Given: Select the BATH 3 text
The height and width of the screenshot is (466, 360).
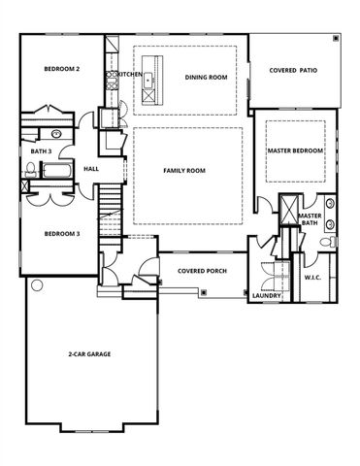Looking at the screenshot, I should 41,152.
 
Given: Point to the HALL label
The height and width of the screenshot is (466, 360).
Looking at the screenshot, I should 91,169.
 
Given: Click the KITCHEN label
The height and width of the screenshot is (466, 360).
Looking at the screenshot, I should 130,74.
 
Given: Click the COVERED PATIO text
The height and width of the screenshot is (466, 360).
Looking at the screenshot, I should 295,70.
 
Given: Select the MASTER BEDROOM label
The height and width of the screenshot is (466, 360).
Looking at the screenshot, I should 296,151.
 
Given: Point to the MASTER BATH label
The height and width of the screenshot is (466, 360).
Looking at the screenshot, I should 310,220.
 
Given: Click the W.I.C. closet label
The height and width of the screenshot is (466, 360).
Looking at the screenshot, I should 312,277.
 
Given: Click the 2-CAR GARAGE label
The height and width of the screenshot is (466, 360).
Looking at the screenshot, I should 88,354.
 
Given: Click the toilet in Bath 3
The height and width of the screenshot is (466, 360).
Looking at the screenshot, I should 30,171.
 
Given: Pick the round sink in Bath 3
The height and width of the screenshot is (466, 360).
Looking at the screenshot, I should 56,131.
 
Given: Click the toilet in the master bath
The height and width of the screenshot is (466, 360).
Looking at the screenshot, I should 332,240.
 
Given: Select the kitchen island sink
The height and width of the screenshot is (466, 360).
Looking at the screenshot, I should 147,94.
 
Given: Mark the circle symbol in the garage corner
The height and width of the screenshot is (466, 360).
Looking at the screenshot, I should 37,285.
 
